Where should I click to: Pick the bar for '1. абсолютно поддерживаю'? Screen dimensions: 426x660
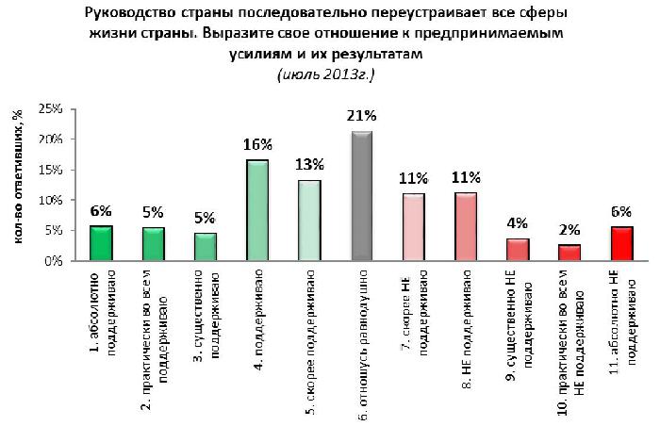pyautogui.click(x=101, y=243)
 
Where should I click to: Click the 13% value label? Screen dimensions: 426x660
pyautogui.click(x=310, y=165)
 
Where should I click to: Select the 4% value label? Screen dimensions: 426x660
pyautogui.click(x=517, y=222)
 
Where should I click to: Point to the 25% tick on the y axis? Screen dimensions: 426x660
pyautogui.click(x=49, y=109)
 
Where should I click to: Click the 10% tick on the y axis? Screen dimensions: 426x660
pyautogui.click(x=49, y=201)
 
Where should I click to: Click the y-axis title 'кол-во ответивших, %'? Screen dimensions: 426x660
pyautogui.click(x=17, y=185)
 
